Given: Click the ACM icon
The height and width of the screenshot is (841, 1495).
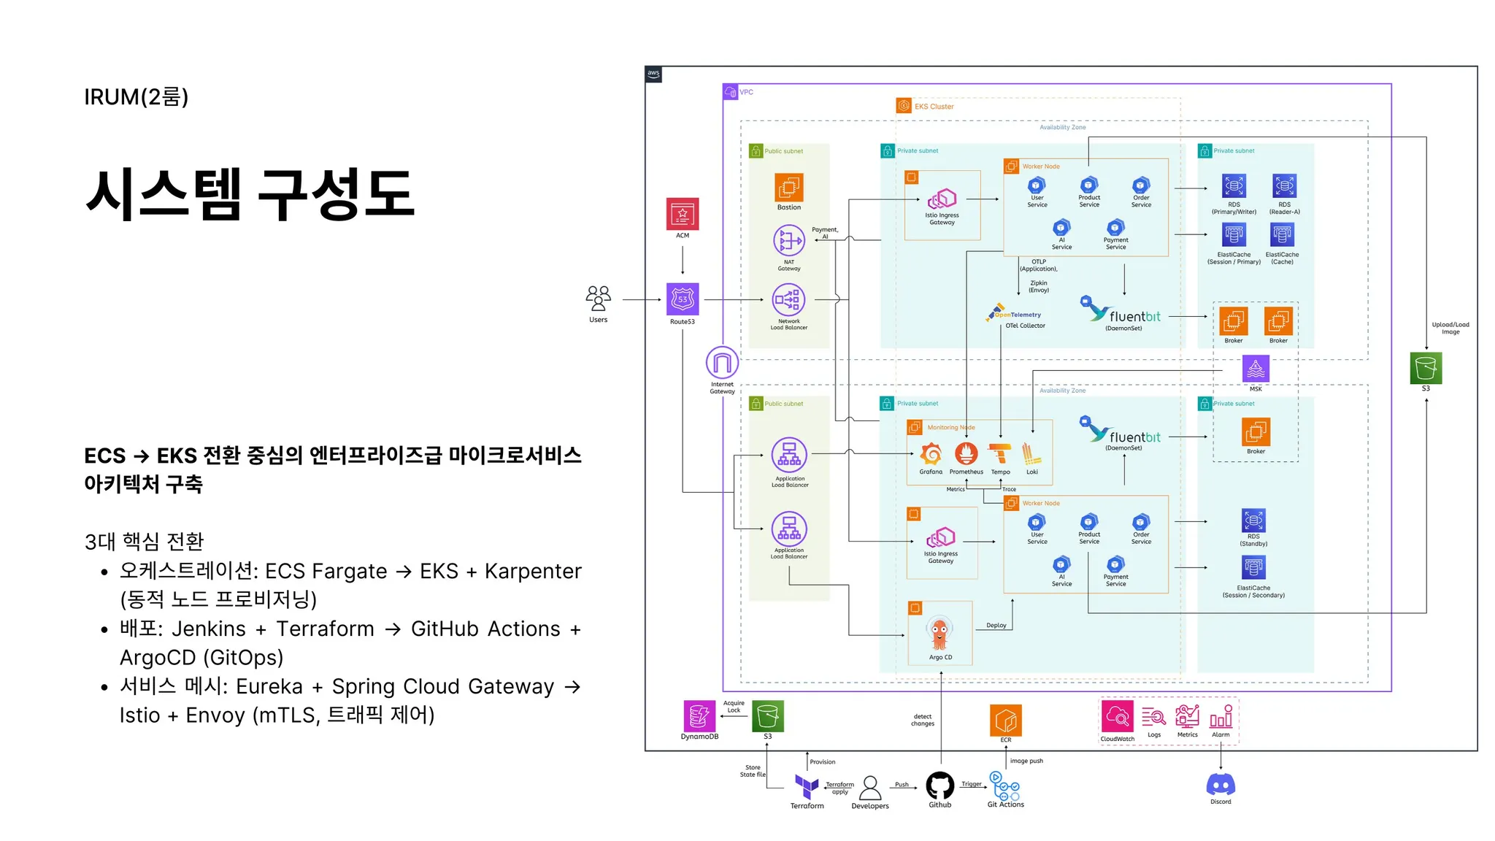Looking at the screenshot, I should click(x=683, y=214).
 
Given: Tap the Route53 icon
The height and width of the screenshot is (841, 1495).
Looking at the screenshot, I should click(x=683, y=299).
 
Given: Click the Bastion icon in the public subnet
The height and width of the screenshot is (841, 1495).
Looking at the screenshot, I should click(x=789, y=188).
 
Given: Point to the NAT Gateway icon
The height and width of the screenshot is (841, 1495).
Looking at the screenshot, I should click(x=789, y=240).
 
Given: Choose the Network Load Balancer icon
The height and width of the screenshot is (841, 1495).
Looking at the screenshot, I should click(x=789, y=299).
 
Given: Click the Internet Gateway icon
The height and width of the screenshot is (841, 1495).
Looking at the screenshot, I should click(x=722, y=363).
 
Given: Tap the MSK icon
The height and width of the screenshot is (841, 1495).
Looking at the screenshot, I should click(x=1256, y=369).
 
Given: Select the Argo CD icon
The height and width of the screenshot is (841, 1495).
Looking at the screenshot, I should click(x=939, y=633).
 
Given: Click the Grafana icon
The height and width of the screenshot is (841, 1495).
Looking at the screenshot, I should click(x=931, y=454).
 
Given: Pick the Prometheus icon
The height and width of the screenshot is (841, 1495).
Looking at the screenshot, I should click(x=966, y=454).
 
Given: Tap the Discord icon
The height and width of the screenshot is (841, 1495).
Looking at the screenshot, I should click(x=1221, y=785).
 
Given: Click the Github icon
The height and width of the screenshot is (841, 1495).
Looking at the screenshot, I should click(x=940, y=786).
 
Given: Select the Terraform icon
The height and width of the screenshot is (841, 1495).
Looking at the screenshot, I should click(x=807, y=786).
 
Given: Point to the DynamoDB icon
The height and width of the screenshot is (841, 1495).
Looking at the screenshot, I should click(x=699, y=716).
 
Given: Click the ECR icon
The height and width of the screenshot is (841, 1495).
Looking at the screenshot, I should click(x=1006, y=721).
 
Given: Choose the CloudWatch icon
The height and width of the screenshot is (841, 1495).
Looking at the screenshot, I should click(x=1118, y=718).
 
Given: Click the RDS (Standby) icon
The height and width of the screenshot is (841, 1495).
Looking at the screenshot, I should click(x=1253, y=521).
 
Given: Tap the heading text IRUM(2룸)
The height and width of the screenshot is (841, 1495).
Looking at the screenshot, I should click(x=137, y=96).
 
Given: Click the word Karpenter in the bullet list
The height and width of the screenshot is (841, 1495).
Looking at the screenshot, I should click(x=533, y=571).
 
